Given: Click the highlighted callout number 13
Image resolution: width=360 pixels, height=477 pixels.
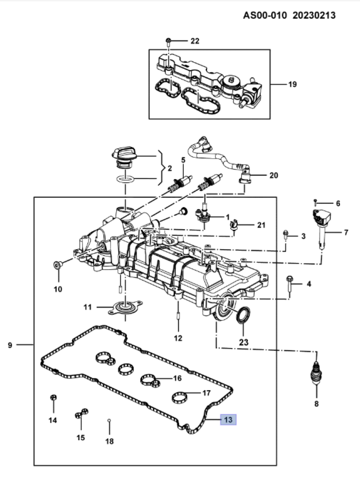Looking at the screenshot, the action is click(228, 420).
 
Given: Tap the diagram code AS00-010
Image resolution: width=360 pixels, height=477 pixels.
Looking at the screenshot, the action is click(265, 15).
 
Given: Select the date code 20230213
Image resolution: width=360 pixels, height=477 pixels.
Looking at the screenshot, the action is click(314, 15).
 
